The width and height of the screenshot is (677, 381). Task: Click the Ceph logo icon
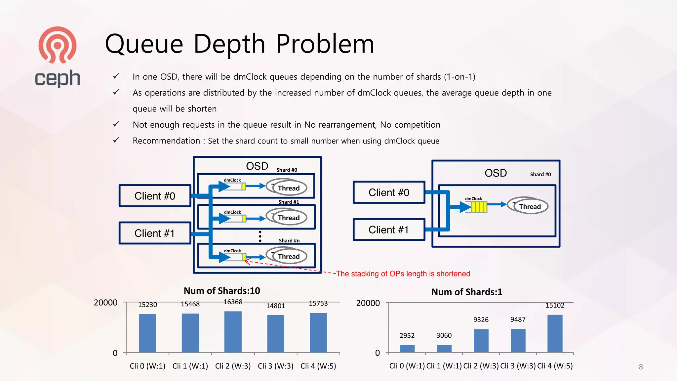click(x=58, y=45)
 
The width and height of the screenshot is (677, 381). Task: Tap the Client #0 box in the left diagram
click(x=155, y=196)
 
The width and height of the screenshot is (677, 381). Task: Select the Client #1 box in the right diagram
click(x=389, y=230)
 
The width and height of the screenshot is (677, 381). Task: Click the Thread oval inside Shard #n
click(x=288, y=256)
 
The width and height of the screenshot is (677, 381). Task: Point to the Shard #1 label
click(x=289, y=202)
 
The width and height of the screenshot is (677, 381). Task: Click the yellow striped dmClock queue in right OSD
click(x=479, y=207)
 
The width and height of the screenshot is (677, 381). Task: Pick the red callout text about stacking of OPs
click(x=403, y=274)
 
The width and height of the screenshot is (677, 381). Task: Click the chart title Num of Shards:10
click(x=222, y=291)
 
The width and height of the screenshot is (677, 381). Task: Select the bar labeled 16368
click(x=233, y=332)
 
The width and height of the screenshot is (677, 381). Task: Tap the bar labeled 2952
click(x=407, y=349)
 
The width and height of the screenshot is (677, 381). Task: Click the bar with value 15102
click(x=555, y=333)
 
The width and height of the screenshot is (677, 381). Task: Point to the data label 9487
click(x=518, y=319)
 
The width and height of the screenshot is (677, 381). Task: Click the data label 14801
click(x=275, y=306)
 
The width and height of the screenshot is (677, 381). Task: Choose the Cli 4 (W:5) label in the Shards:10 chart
click(x=318, y=366)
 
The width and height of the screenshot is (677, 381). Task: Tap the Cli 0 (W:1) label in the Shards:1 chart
click(x=407, y=366)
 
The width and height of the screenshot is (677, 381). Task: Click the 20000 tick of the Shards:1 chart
click(x=368, y=303)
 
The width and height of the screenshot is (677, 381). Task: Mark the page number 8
click(x=641, y=367)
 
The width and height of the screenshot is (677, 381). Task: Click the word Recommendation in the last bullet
click(x=166, y=141)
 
